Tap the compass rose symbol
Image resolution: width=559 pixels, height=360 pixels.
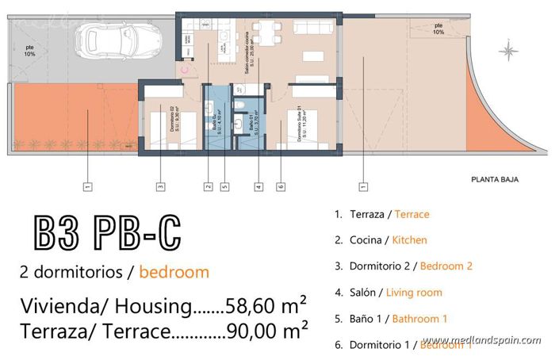508,52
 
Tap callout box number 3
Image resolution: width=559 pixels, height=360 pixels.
160,187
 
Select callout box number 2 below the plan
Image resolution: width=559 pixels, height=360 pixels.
208,187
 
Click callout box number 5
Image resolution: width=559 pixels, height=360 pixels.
224,187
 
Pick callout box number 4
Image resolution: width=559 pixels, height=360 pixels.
258,187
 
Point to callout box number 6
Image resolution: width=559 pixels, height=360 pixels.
281,187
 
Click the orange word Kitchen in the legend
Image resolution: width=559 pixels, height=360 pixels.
410,240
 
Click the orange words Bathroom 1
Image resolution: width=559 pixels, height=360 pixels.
421,319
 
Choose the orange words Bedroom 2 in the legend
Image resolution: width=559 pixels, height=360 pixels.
446,266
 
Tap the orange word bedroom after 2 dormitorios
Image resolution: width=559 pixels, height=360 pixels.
174,273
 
